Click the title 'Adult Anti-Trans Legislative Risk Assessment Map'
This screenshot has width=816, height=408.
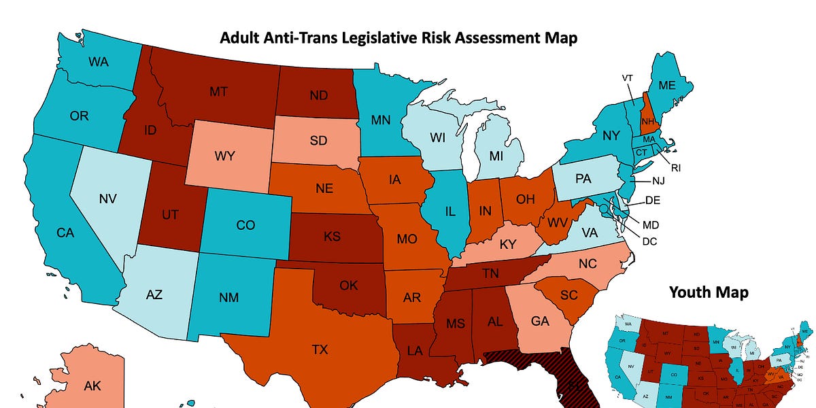pos(398,37)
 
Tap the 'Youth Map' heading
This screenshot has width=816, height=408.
pos(709,292)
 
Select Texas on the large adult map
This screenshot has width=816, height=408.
pos(320,350)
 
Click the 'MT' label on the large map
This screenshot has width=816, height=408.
pos(218,90)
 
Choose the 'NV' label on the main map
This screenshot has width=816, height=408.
pos(108,199)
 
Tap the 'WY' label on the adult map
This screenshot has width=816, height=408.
pos(224,156)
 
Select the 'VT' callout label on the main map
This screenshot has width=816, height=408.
pos(627,78)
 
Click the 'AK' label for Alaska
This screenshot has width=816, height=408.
pos(92,386)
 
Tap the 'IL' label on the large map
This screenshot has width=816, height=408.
pos(449,211)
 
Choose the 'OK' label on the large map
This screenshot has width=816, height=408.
pos(348,285)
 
